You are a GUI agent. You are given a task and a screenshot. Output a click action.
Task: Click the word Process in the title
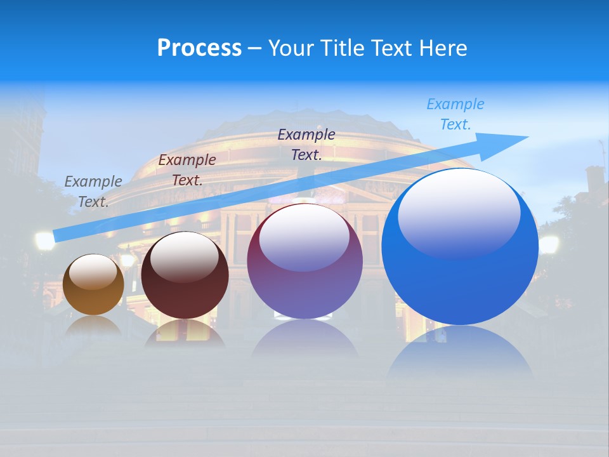[x=199, y=48]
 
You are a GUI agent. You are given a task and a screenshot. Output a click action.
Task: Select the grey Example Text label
[x=93, y=191]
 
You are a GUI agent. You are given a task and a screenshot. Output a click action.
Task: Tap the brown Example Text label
[x=187, y=169]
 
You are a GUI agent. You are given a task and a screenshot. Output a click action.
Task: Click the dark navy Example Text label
[x=306, y=144]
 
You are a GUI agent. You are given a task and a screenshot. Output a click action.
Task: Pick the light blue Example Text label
[x=455, y=114]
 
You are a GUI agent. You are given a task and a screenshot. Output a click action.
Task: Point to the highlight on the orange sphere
[x=93, y=272]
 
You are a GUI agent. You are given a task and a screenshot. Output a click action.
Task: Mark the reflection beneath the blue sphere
[x=460, y=352]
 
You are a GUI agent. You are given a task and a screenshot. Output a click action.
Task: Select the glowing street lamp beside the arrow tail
[x=44, y=241]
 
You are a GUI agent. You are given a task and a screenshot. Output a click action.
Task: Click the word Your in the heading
[x=291, y=48]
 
